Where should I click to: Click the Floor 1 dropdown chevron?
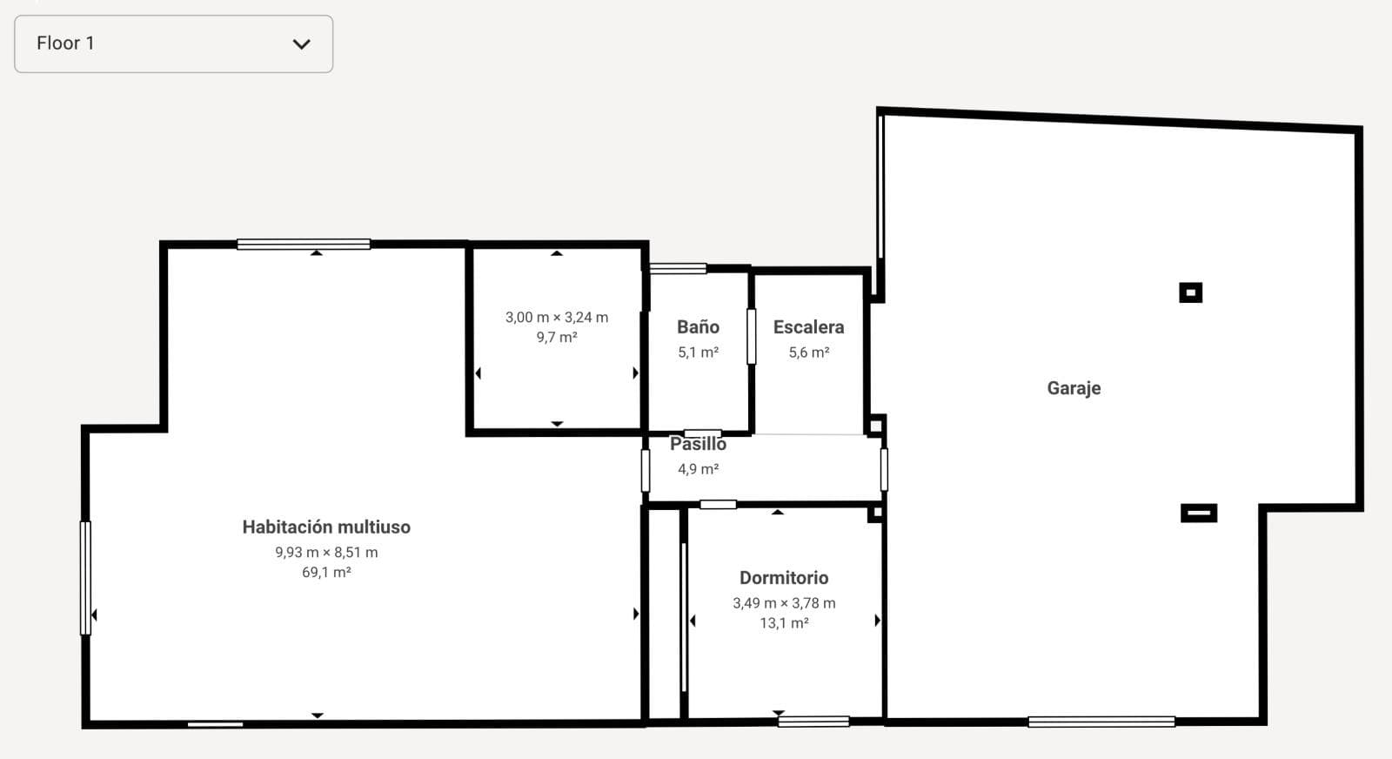pyautogui.click(x=301, y=44)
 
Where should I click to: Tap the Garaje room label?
pyautogui.click(x=1074, y=388)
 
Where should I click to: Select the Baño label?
pyautogui.click(x=698, y=327)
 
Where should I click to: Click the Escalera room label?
pyautogui.click(x=808, y=327)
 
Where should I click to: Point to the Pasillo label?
pyautogui.click(x=698, y=444)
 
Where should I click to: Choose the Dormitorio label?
pyautogui.click(x=784, y=578)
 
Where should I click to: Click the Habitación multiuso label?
pyautogui.click(x=326, y=527)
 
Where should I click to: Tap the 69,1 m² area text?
pyautogui.click(x=326, y=573)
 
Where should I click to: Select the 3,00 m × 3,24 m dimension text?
pyautogui.click(x=557, y=318)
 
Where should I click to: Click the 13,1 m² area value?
pyautogui.click(x=784, y=623)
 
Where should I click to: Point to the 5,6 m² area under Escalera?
pyautogui.click(x=808, y=353)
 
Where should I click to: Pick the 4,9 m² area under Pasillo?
pyautogui.click(x=698, y=469)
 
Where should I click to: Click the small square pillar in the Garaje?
pyautogui.click(x=1190, y=292)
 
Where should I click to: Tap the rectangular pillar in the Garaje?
pyautogui.click(x=1198, y=514)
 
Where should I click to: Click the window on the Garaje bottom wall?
pyautogui.click(x=1101, y=722)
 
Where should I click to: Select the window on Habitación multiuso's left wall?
pyautogui.click(x=85, y=578)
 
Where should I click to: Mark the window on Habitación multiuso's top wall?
pyautogui.click(x=304, y=245)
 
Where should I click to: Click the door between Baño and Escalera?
pyautogui.click(x=752, y=336)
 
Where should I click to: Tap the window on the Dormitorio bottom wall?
pyautogui.click(x=813, y=722)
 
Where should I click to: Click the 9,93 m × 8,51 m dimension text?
pyautogui.click(x=326, y=553)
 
